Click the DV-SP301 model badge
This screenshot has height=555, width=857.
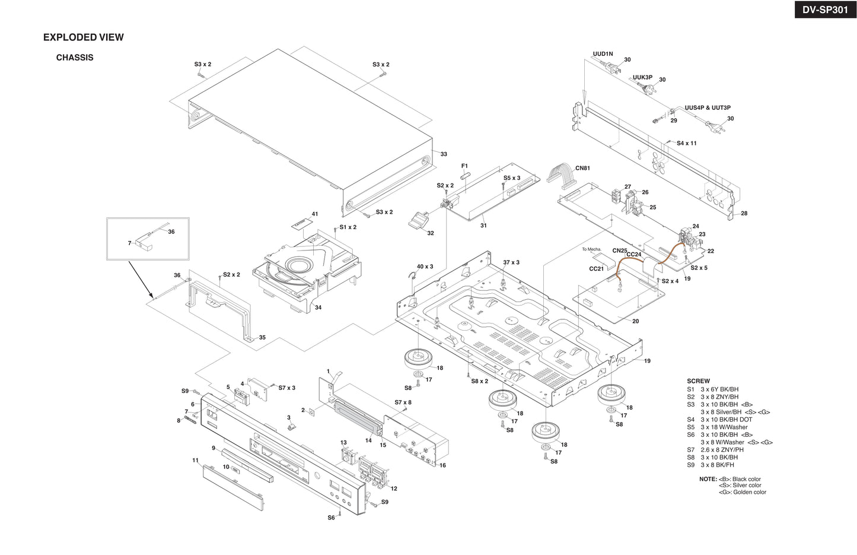pos(825,9)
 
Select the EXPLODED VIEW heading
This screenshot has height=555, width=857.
pos(84,37)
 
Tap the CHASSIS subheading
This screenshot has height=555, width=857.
pos(75,58)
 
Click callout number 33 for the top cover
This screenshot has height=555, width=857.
pos(444,154)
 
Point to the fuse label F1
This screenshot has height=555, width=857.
pos(464,166)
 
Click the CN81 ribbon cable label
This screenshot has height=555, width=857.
pos(582,169)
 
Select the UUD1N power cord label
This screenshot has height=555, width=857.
pos(603,54)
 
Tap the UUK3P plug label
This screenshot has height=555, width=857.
pos(642,78)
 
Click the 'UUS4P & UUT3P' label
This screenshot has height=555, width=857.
pos(708,108)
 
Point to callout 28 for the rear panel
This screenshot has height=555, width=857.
pos(744,214)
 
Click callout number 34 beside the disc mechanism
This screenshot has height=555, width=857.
pos(318,307)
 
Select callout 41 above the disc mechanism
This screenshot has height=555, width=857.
pos(315,214)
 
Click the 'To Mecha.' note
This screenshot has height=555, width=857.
pos(591,249)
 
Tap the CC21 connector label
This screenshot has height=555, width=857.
pos(596,269)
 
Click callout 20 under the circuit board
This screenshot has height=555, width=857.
pos(635,321)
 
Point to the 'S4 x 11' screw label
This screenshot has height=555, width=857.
pos(687,143)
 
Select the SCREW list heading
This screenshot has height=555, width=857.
pos(698,381)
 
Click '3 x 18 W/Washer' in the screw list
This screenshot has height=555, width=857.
pos(724,427)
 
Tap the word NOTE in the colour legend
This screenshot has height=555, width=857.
pos(708,479)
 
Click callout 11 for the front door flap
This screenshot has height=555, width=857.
pos(195,460)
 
